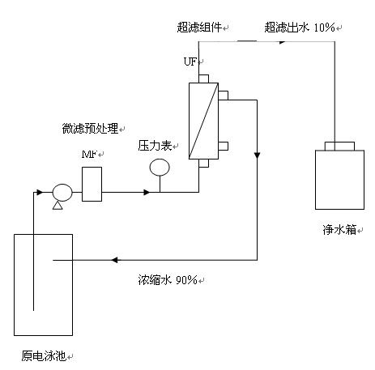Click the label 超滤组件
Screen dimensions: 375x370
click(199, 28)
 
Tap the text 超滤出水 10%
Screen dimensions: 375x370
click(300, 28)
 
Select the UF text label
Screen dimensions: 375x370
click(190, 62)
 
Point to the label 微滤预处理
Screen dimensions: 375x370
click(90, 129)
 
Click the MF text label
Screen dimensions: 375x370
click(89, 155)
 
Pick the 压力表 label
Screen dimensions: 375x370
click(155, 146)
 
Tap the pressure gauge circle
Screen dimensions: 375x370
click(160, 168)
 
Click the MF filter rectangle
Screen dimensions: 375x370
click(92, 184)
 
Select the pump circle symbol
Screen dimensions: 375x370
click(62, 193)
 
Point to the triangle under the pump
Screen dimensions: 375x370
click(58, 206)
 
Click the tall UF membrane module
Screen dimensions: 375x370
click(203, 121)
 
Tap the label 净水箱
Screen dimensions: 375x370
click(339, 230)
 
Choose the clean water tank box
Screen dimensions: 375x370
click(339, 180)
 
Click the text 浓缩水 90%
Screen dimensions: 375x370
click(168, 280)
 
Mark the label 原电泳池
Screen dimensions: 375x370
click(44, 356)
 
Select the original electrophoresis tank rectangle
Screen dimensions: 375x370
click(43, 285)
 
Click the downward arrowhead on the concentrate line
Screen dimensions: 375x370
click(257, 155)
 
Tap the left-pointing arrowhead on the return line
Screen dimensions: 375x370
click(114, 260)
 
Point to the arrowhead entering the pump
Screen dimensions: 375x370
click(40, 193)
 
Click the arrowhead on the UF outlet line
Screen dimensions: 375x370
click(283, 42)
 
